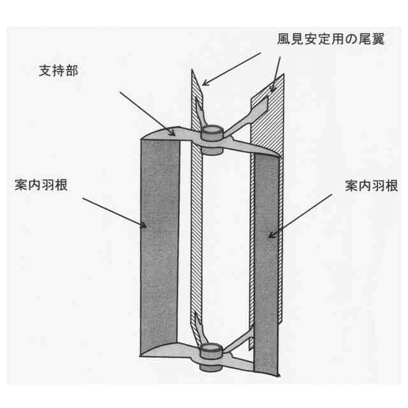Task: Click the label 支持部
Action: (x=59, y=71)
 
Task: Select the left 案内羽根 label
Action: (x=41, y=186)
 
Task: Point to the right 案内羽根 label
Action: (x=371, y=186)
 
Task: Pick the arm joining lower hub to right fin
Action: (x=236, y=340)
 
